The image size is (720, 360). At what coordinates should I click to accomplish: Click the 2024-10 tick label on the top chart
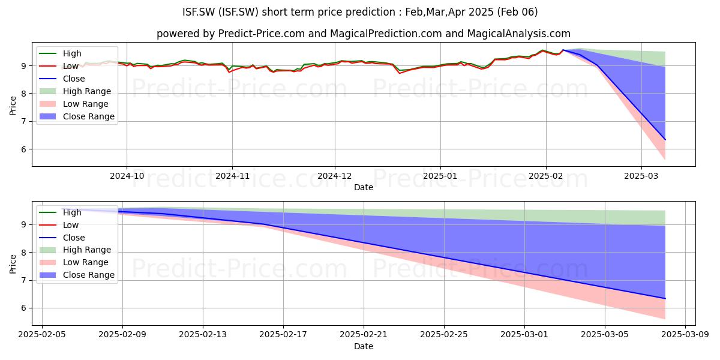(127, 176)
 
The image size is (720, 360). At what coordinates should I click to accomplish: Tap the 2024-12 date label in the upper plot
(335, 176)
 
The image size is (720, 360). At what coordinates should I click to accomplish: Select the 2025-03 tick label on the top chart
(641, 176)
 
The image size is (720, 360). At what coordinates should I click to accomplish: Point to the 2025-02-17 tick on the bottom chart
(283, 335)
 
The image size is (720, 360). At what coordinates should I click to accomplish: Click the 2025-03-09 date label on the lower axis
(685, 335)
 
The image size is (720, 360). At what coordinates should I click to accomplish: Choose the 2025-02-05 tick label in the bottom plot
(42, 335)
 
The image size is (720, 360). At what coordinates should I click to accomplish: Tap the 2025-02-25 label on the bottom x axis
(444, 335)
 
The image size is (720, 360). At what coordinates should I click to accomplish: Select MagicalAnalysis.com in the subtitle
(518, 34)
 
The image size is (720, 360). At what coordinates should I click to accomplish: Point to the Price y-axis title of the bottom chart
(13, 264)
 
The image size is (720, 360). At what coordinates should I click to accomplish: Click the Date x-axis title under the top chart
(364, 187)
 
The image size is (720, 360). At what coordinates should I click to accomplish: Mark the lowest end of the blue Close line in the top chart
(665, 140)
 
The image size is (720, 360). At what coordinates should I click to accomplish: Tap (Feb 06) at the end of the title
(517, 12)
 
